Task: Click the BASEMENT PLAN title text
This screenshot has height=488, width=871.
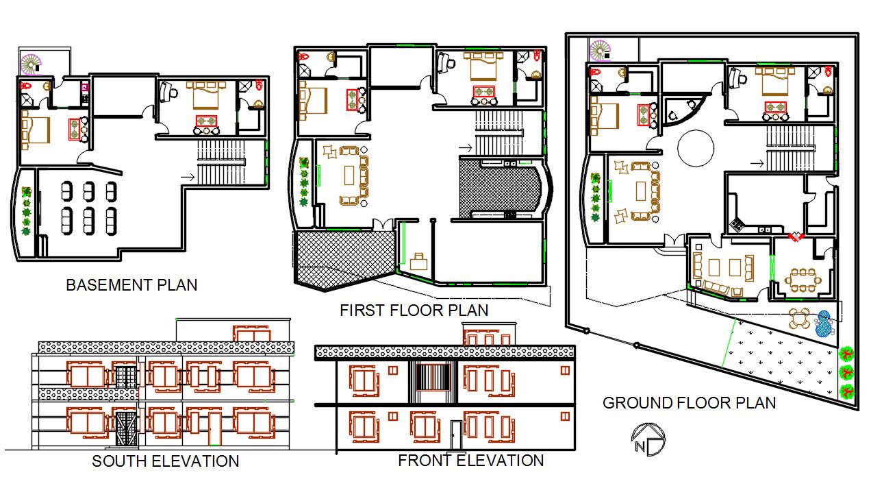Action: coord(131,285)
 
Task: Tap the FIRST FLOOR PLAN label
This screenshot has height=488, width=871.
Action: coord(414,310)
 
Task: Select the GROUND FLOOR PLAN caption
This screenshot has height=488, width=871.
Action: coord(689,403)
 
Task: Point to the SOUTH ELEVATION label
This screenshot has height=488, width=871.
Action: coord(166,461)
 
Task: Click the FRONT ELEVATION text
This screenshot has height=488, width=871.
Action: coord(471,461)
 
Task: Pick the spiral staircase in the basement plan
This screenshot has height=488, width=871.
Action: coord(31,64)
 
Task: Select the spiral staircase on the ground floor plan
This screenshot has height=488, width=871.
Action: coord(600,51)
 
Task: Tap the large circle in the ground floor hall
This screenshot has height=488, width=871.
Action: coord(696,148)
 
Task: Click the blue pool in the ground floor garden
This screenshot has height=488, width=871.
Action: coord(824,324)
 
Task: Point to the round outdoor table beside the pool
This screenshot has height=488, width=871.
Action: coord(799,319)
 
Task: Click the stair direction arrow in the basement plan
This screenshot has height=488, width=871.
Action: coord(187,178)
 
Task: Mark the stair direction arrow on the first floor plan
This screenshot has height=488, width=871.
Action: coord(465,147)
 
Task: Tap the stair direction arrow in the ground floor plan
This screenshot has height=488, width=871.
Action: coord(757,163)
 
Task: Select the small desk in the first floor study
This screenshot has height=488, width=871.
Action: coord(418,261)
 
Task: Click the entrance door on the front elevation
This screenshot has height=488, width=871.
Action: coord(456,435)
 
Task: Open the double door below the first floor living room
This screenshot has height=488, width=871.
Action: coord(381,223)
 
